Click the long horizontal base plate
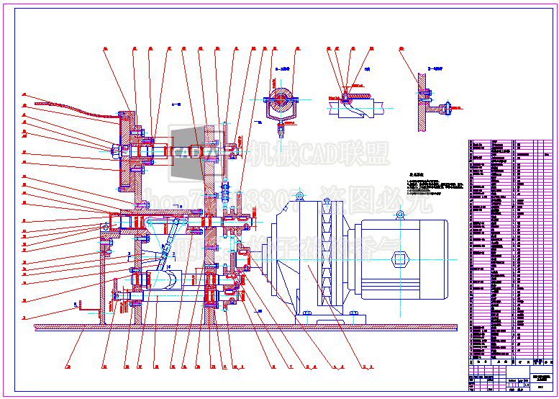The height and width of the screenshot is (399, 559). pyautogui.click(x=245, y=327)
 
